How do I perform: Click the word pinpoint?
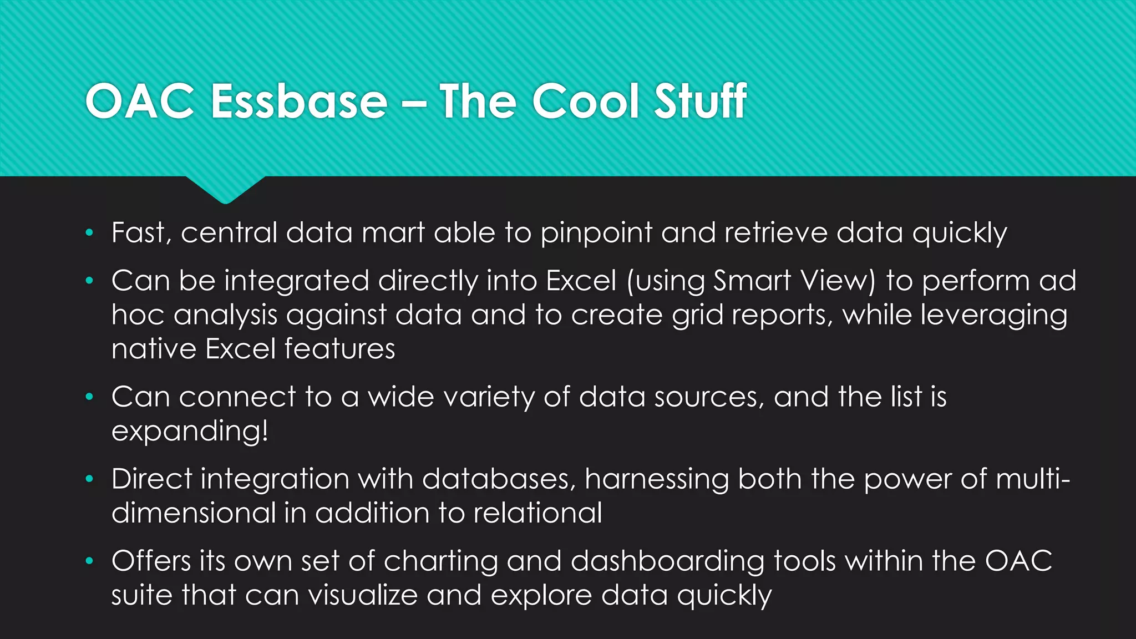coord(596,233)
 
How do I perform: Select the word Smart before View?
coord(752,281)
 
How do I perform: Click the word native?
coord(154,349)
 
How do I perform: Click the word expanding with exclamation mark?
coord(190,432)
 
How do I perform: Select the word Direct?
coord(151,479)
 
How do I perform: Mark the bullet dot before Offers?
coord(89,561)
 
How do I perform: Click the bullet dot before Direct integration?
coord(89,479)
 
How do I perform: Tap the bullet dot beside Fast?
coord(89,233)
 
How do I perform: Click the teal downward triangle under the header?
coord(225,189)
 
